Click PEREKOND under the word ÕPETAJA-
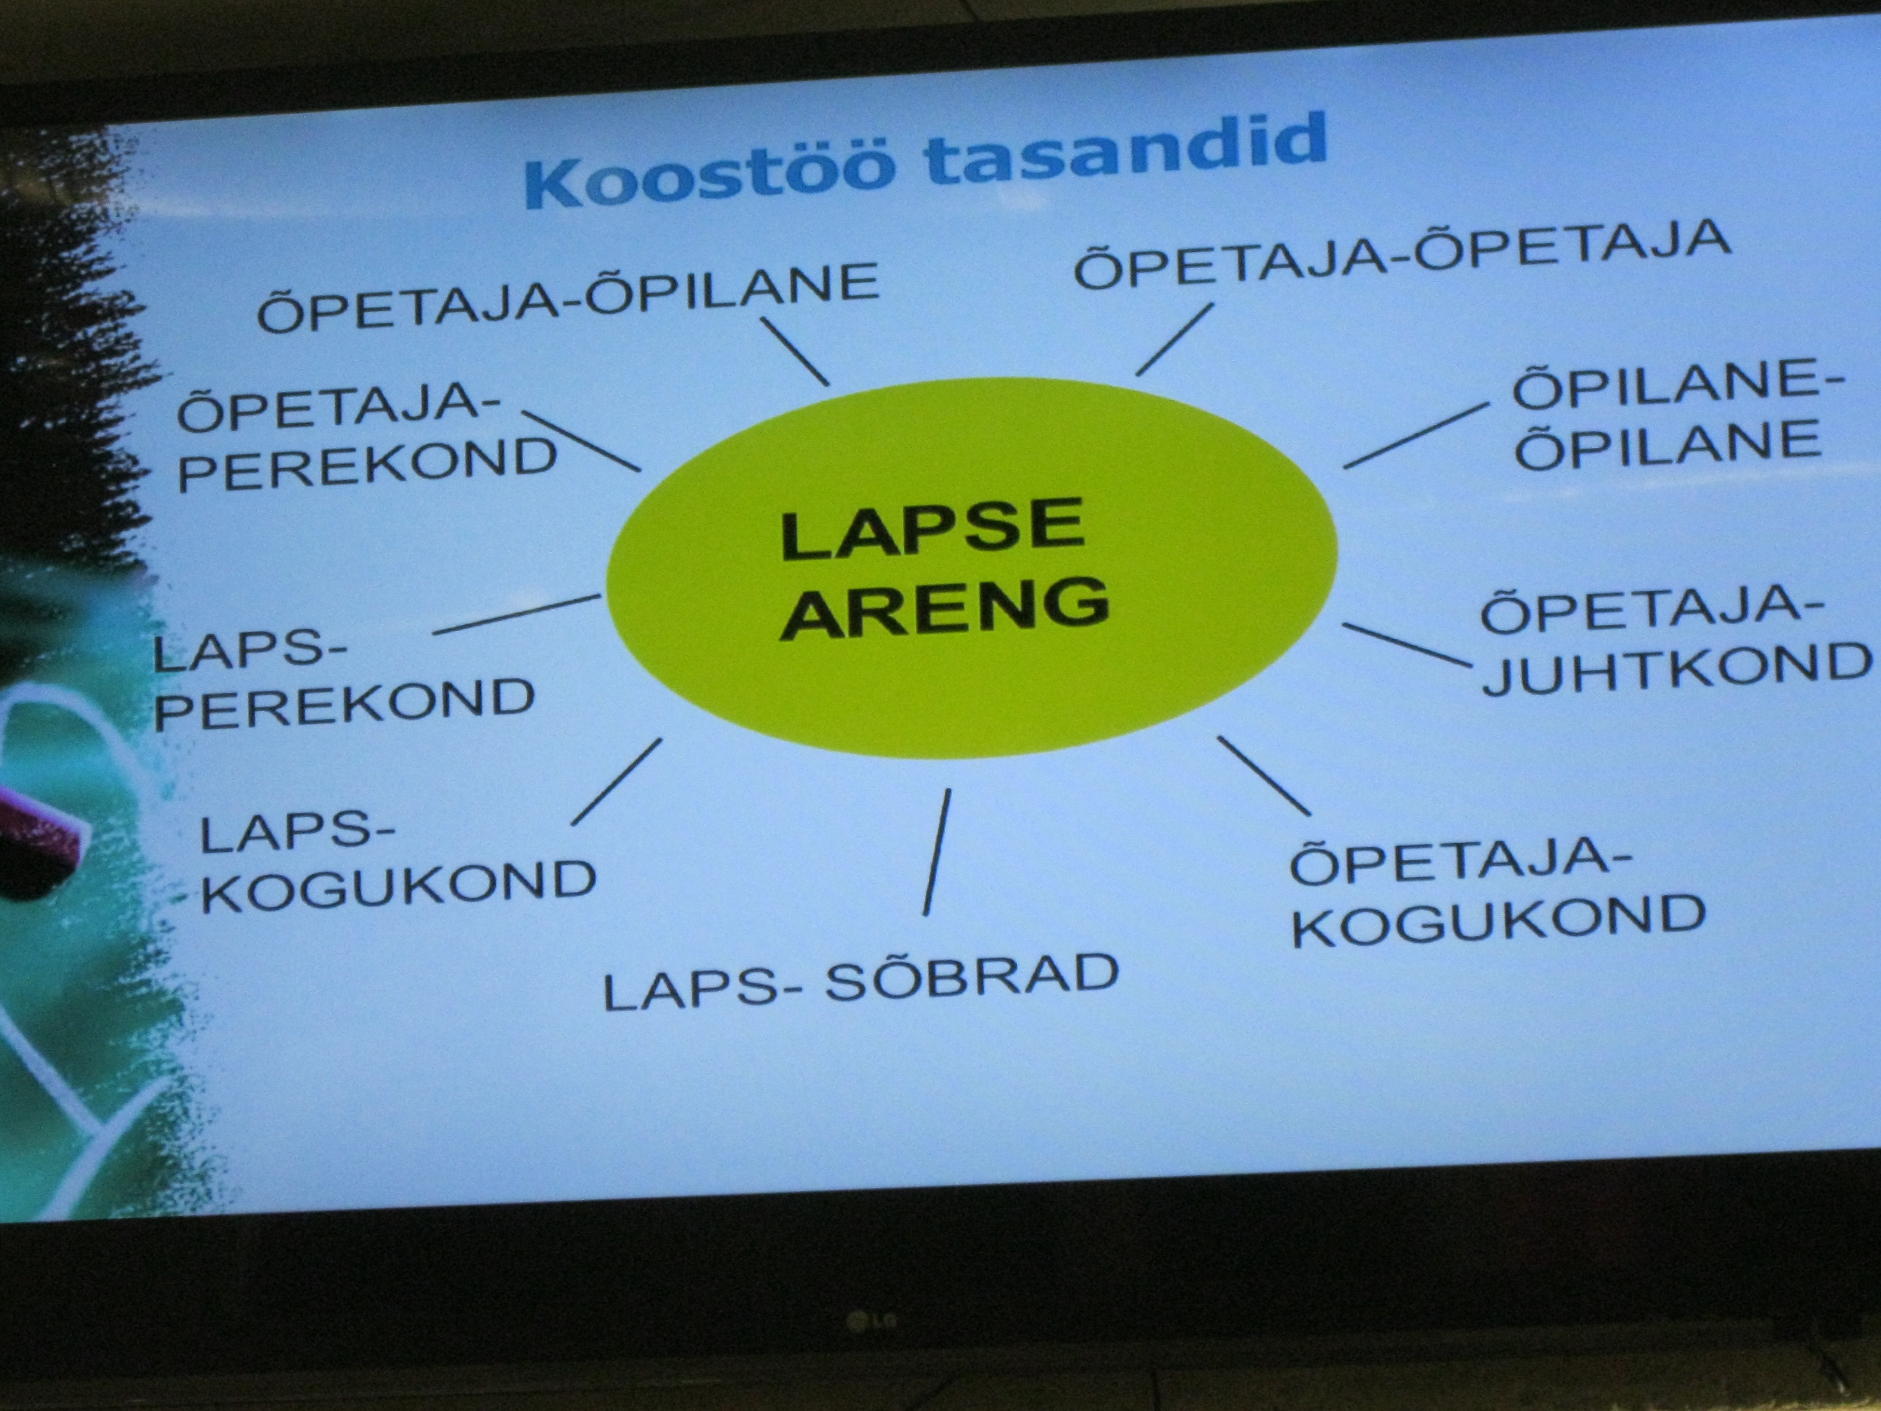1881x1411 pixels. [x=367, y=464]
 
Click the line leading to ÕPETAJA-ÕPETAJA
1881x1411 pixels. [x=1174, y=340]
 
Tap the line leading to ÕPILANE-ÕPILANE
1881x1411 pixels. [x=1417, y=436]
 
